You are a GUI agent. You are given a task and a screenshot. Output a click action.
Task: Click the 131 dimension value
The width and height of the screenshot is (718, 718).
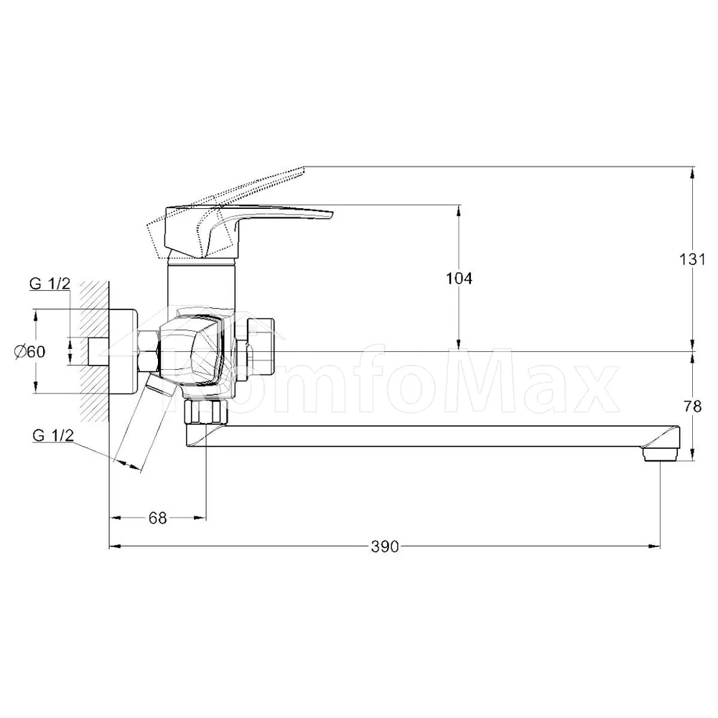pyautogui.click(x=692, y=259)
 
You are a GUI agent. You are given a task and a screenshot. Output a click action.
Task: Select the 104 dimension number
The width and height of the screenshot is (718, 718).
pyautogui.click(x=459, y=278)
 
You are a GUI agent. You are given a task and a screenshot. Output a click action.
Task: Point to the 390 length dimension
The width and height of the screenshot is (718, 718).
pyautogui.click(x=385, y=546)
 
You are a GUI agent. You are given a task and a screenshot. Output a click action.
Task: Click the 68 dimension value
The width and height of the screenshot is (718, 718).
pyautogui.click(x=157, y=518)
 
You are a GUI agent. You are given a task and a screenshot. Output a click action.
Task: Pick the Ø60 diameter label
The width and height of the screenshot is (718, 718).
pyautogui.click(x=29, y=352)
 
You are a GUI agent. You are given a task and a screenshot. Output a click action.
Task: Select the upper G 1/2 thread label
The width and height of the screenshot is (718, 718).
pyautogui.click(x=50, y=284)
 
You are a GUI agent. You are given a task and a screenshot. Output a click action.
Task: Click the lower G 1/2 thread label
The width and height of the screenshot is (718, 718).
pyautogui.click(x=53, y=435)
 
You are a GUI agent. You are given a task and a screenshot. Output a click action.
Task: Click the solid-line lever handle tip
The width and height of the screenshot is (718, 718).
pyautogui.click(x=330, y=214)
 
